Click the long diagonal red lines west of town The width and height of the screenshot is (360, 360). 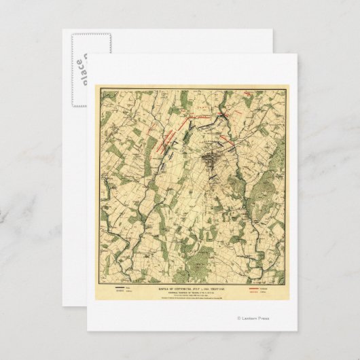166,136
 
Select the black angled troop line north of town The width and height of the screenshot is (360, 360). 204,120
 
